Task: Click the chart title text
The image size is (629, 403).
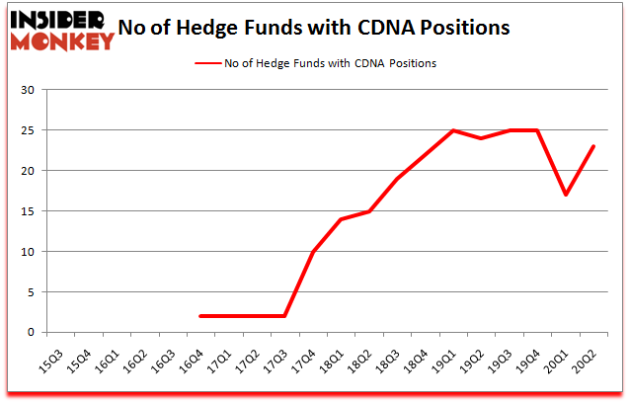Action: pyautogui.click(x=313, y=28)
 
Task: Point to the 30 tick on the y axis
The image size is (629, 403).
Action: pyautogui.click(x=28, y=91)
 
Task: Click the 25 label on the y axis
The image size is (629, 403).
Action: pyautogui.click(x=28, y=131)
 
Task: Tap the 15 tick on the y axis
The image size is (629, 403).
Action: pyautogui.click(x=28, y=211)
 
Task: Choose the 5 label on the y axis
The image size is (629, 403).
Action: pyautogui.click(x=31, y=292)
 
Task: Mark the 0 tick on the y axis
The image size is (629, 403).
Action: pyautogui.click(x=31, y=333)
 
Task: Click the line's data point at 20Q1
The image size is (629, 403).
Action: pyautogui.click(x=566, y=195)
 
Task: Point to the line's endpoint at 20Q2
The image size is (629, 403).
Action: pyautogui.click(x=594, y=146)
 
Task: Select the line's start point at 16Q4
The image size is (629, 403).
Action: pyautogui.click(x=201, y=316)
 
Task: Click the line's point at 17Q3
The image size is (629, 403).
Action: pyautogui.click(x=285, y=316)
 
